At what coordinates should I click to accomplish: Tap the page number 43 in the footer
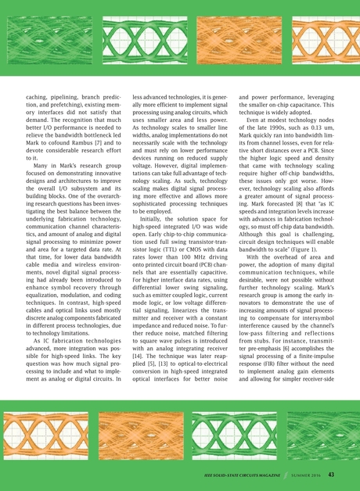(x=332, y=474)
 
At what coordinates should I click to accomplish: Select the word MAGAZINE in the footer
(x=265, y=475)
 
